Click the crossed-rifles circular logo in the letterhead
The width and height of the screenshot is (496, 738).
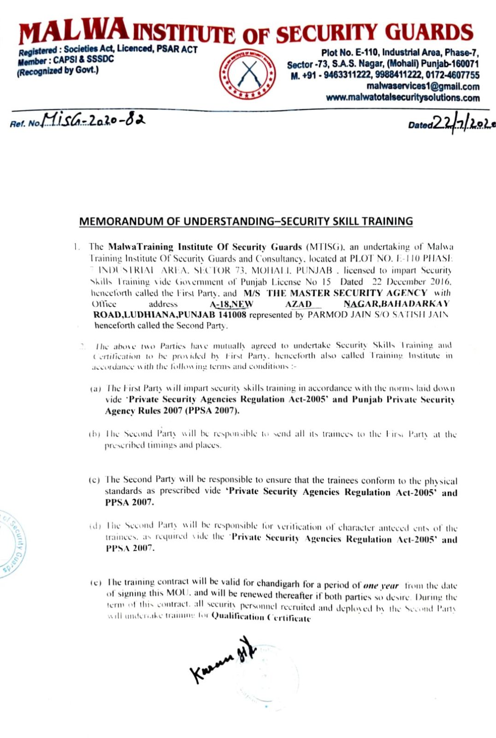[x=248, y=74]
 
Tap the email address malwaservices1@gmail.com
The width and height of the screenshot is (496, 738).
[x=423, y=86]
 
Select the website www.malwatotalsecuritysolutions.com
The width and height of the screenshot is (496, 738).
[x=402, y=98]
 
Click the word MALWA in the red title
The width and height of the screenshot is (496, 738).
[x=74, y=31]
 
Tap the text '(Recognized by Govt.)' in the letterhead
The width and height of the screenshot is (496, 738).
[x=58, y=71]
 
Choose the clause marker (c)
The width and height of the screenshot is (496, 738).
[x=94, y=480]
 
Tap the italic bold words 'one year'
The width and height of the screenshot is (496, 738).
[x=381, y=585]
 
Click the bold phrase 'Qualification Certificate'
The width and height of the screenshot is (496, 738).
[x=261, y=618]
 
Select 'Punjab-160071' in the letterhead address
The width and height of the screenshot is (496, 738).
[x=452, y=64]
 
